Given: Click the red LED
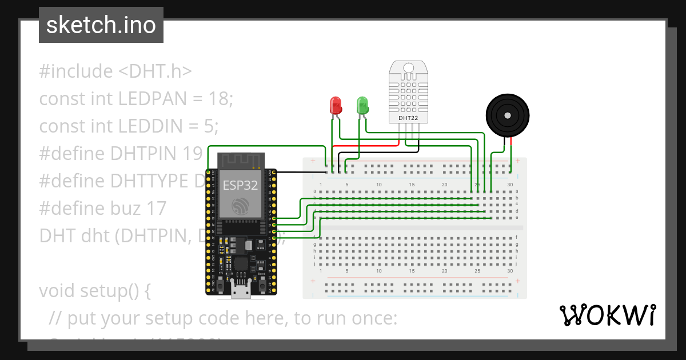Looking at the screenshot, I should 336,105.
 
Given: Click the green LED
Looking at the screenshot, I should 362,105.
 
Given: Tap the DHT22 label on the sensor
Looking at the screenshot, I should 408,118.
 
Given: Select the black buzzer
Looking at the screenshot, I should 506,115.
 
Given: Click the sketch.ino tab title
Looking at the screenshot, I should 101,25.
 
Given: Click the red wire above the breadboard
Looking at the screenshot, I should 366,146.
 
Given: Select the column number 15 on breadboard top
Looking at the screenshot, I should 412,185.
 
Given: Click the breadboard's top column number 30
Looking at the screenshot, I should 509,185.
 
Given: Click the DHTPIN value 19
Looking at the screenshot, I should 194,153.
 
